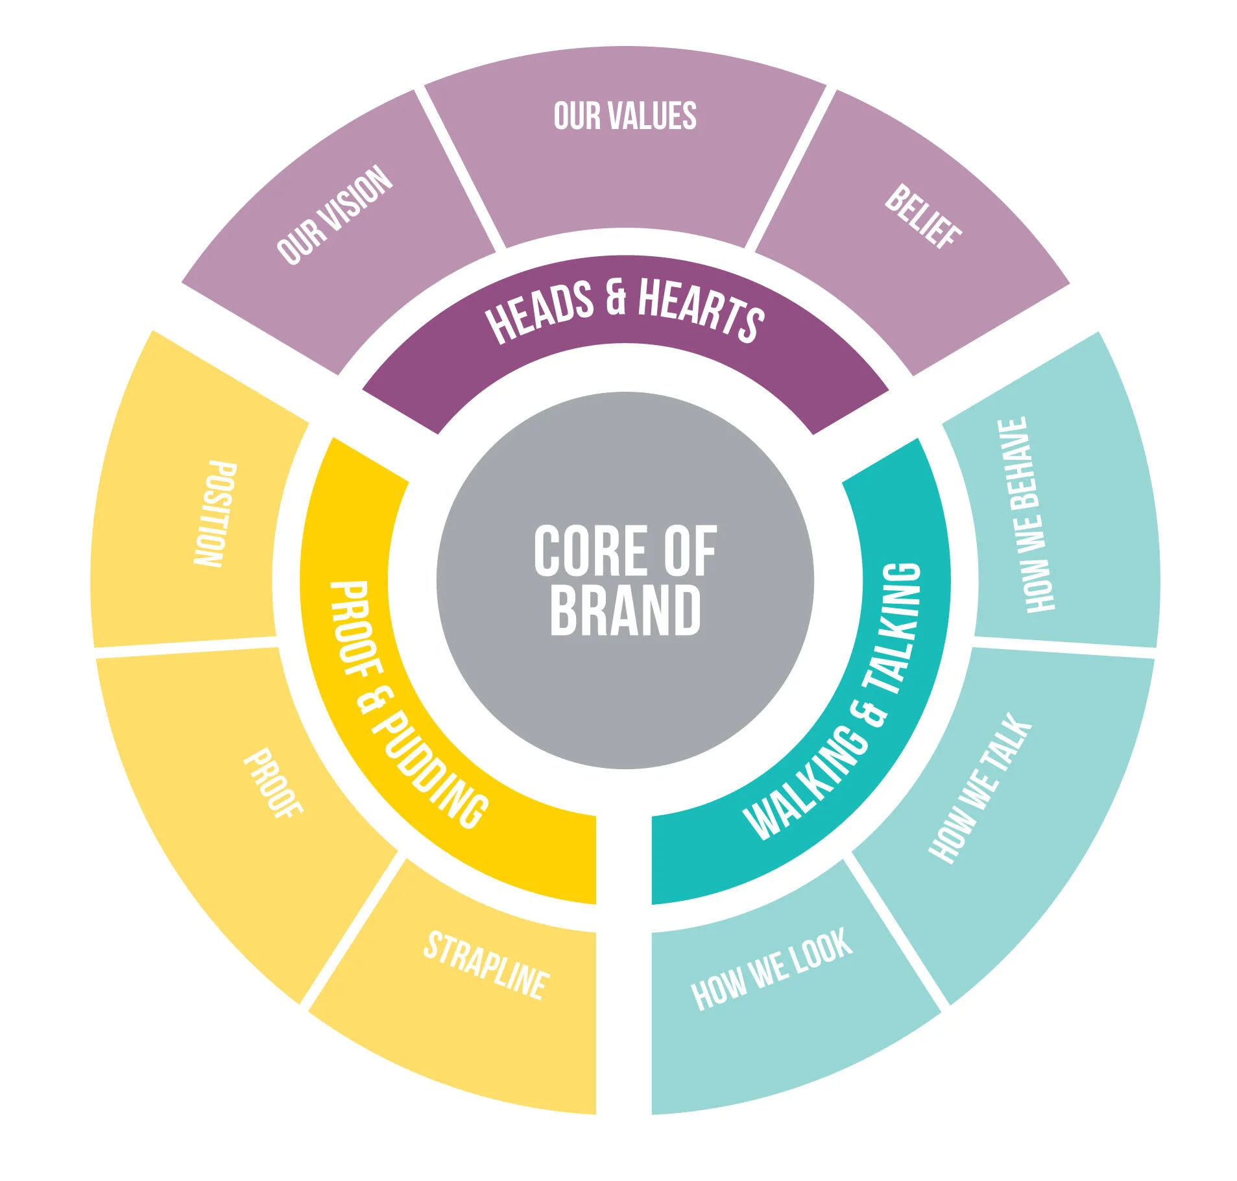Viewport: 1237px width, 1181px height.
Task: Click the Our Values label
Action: pos(625,116)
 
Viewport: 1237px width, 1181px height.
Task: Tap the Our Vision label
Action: pos(335,216)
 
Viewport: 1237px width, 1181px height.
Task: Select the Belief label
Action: pos(922,216)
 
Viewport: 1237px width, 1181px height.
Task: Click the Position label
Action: pos(215,514)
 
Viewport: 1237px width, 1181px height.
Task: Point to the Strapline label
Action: pos(485,966)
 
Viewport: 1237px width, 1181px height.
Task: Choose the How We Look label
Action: pos(771,969)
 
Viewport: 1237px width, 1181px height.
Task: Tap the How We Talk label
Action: pos(980,788)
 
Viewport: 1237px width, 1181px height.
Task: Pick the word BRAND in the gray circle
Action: pos(625,610)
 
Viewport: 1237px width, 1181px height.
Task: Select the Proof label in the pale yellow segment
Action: pos(273,783)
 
